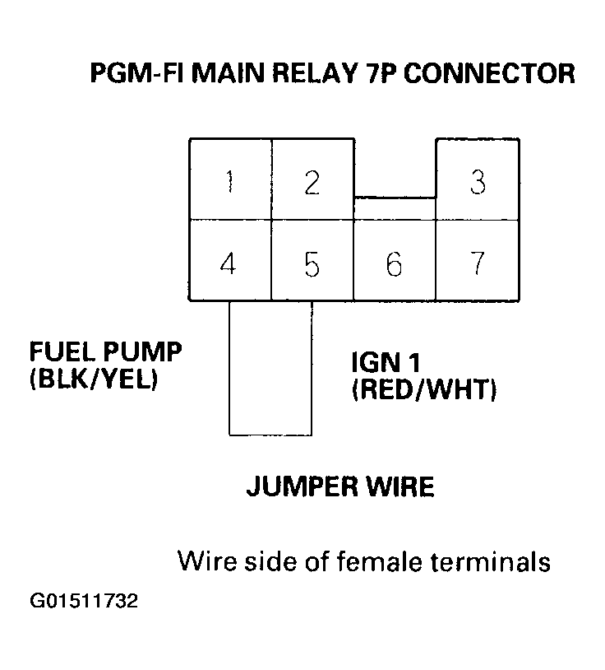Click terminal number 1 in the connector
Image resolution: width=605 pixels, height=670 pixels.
pyautogui.click(x=229, y=181)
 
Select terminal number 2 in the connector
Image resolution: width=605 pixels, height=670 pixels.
pyautogui.click(x=312, y=181)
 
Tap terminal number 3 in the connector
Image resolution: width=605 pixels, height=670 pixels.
pyautogui.click(x=477, y=181)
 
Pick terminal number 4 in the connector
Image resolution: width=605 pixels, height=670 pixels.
pyautogui.click(x=229, y=265)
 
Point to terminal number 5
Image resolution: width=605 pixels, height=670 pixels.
pyautogui.click(x=312, y=265)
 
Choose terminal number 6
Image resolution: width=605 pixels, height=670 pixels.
pyautogui.click(x=394, y=265)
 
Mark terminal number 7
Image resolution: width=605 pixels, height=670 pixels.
pyautogui.click(x=477, y=265)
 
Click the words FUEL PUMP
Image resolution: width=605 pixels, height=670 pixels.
pyautogui.click(x=106, y=353)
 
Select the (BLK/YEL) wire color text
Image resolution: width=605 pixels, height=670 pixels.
pyautogui.click(x=93, y=381)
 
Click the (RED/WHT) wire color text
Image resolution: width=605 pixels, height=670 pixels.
pyautogui.click(x=423, y=390)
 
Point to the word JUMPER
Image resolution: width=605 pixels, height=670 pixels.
pyautogui.click(x=300, y=487)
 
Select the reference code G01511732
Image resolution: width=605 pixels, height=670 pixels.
pyautogui.click(x=85, y=601)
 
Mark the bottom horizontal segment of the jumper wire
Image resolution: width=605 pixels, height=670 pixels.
pyautogui.click(x=270, y=434)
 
